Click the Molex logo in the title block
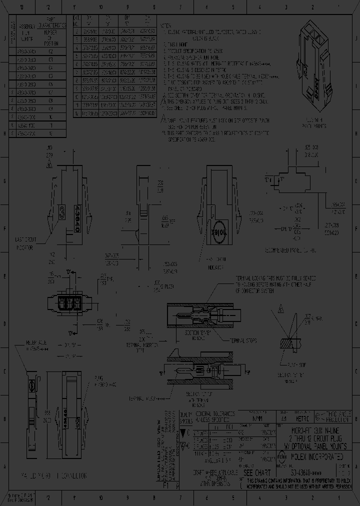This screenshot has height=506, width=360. point(282,455)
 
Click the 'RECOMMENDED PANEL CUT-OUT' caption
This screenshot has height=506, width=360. point(296,248)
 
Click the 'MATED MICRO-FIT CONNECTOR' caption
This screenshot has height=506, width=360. point(54,475)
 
